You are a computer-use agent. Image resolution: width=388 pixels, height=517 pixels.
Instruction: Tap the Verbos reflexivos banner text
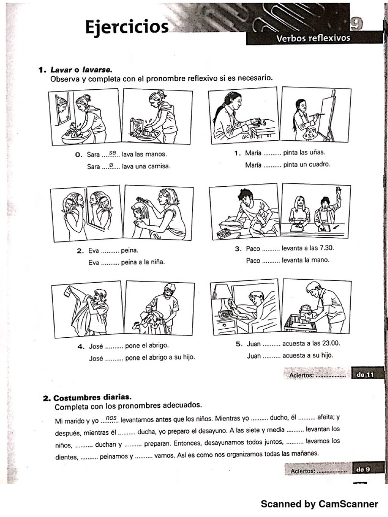tap(313, 39)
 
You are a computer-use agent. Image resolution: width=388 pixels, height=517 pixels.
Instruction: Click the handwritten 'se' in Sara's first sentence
tap(112, 152)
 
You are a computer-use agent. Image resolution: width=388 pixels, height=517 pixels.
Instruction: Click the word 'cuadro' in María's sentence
tap(319, 164)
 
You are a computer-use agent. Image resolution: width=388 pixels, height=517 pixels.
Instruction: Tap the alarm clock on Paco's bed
tap(223, 233)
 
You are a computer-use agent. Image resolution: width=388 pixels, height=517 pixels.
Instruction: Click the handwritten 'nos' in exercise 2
tap(112, 418)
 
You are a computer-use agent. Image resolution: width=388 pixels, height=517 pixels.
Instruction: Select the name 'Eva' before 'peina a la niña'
tap(94, 263)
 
